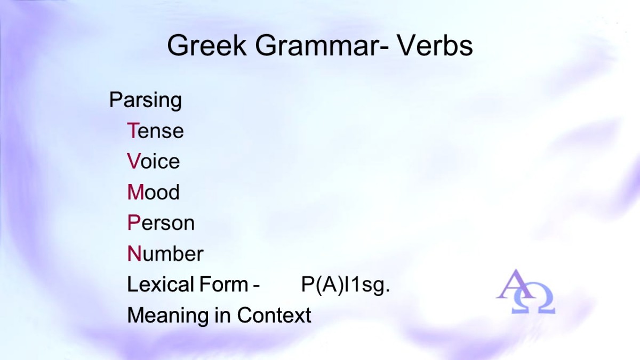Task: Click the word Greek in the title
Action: click(207, 45)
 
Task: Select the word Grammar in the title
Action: click(317, 45)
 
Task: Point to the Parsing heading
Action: click(146, 101)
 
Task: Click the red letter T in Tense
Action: click(133, 130)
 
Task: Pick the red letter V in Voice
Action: click(134, 161)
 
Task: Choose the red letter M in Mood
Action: click(135, 191)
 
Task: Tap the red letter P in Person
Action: click(134, 222)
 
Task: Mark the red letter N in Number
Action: click(134, 253)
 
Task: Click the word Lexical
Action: click(161, 284)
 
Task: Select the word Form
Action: click(224, 284)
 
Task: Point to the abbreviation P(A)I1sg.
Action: click(346, 285)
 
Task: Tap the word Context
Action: click(274, 315)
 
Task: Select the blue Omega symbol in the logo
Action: click(533, 299)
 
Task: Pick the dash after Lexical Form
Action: click(256, 286)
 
